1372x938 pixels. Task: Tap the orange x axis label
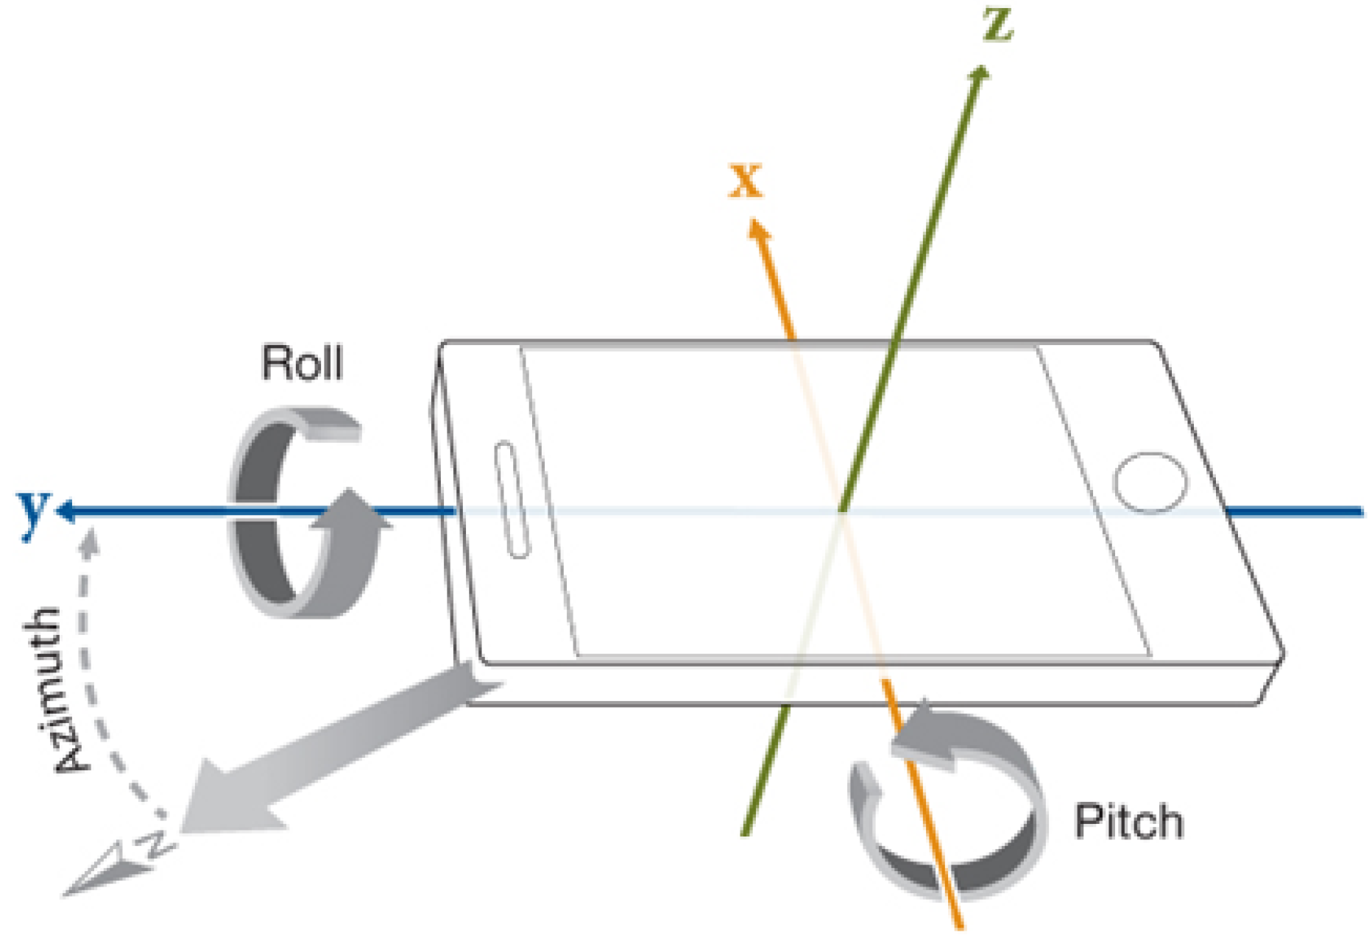point(746,181)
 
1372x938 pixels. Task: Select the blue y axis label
point(33,512)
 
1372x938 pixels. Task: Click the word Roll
point(303,362)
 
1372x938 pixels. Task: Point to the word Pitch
point(1128,822)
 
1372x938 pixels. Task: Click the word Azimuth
point(57,690)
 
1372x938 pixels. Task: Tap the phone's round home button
point(1150,482)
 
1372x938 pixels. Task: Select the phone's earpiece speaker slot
point(512,500)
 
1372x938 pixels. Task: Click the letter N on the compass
point(157,845)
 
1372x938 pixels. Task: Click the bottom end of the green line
point(745,834)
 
